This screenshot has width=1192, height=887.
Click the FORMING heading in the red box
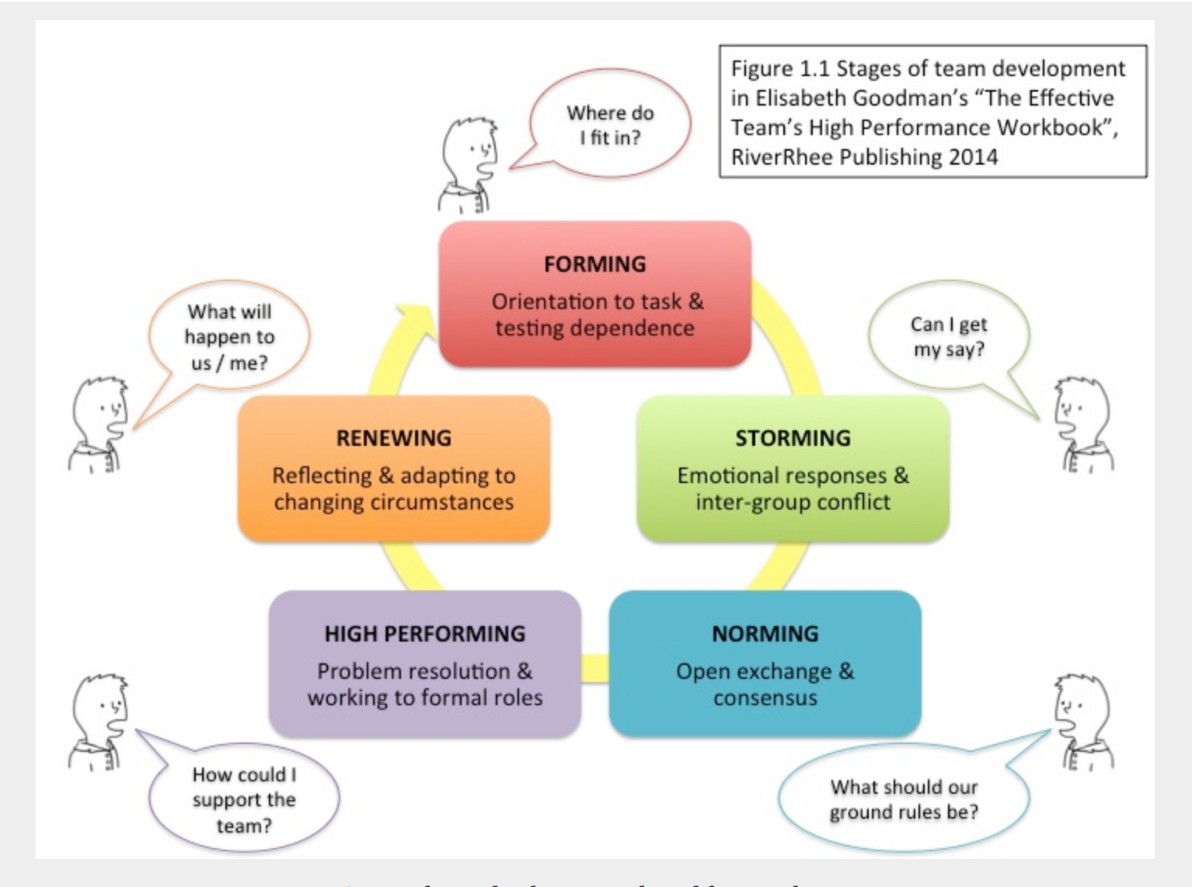pos(594,264)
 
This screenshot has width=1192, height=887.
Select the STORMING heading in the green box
pos(793,438)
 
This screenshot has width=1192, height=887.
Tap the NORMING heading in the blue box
pos(765,634)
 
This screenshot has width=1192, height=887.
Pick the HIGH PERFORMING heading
pos(424,634)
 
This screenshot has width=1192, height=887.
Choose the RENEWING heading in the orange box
pos(393,438)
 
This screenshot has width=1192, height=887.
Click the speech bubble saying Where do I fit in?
pos(610,124)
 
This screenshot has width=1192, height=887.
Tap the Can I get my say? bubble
pos(948,336)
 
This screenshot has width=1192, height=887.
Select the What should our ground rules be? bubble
pos(904,798)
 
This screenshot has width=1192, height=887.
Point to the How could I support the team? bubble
pos(244,798)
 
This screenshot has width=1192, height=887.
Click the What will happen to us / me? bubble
pos(229,336)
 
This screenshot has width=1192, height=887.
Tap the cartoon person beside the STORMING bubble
pos(1083,424)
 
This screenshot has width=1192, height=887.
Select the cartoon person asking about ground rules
pos(1083,722)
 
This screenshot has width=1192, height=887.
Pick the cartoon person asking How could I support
pos(98,722)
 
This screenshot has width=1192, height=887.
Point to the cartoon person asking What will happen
pos(98,424)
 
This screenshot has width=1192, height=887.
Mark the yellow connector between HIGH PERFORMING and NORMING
pos(595,668)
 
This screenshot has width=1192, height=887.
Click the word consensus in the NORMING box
pos(765,697)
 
